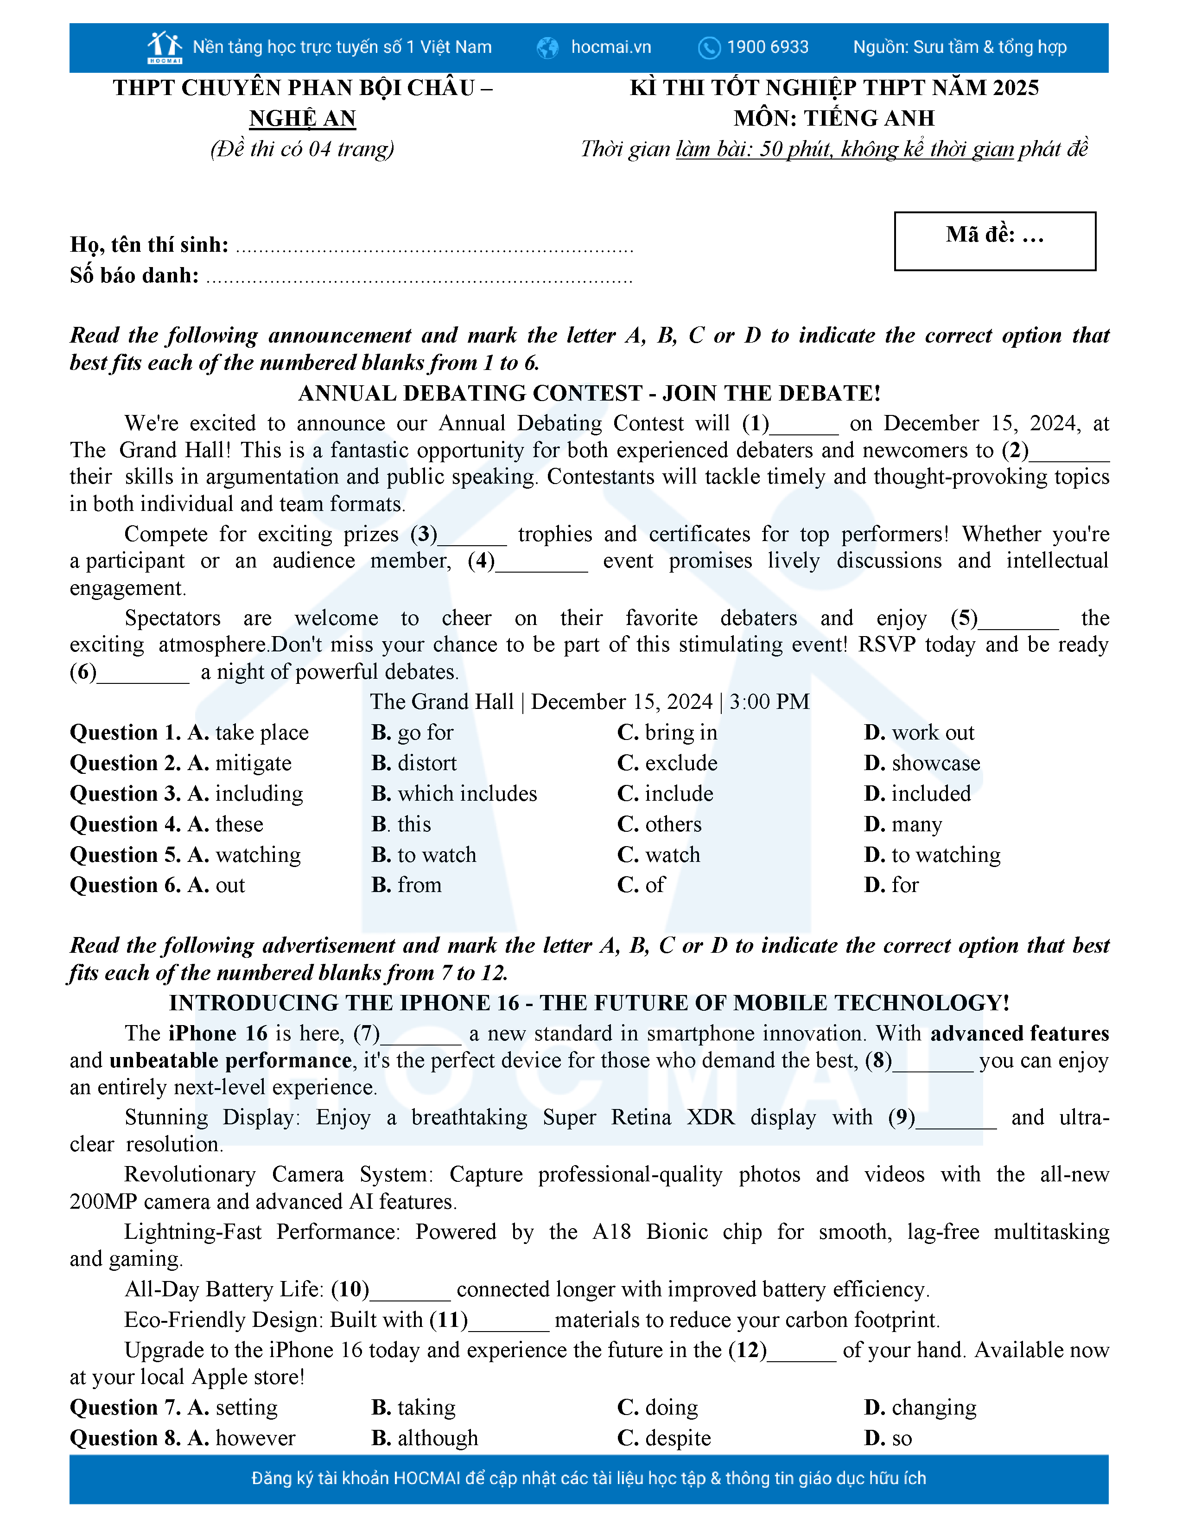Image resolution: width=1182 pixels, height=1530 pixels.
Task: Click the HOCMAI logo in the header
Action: [x=165, y=47]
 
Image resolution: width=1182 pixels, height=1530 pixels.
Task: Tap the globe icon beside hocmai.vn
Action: [x=547, y=48]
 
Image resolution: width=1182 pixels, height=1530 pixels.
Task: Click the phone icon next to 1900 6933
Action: [x=709, y=48]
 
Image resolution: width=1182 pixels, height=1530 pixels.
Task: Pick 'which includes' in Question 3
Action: [x=467, y=794]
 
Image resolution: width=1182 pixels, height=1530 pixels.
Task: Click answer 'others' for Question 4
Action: [x=673, y=824]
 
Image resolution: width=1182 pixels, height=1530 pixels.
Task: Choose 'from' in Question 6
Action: [x=419, y=886]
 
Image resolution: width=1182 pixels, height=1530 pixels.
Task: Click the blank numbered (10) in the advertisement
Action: [x=410, y=1290]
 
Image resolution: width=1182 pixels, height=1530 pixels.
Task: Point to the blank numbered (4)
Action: [x=541, y=562]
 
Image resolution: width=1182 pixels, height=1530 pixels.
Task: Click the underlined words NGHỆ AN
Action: [x=303, y=118]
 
